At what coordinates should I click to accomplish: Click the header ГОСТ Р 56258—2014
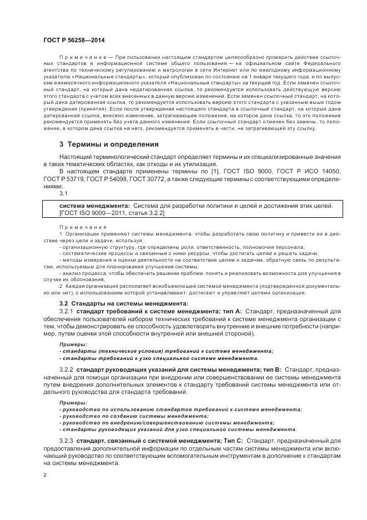[x=73, y=41]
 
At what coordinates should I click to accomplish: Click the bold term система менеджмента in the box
[x=94, y=206]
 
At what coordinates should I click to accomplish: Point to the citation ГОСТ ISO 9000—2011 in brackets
[x=91, y=213]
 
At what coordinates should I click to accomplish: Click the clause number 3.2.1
[x=66, y=312]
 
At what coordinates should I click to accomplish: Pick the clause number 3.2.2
[x=66, y=369]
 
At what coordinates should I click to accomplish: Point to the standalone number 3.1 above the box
[x=63, y=194]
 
